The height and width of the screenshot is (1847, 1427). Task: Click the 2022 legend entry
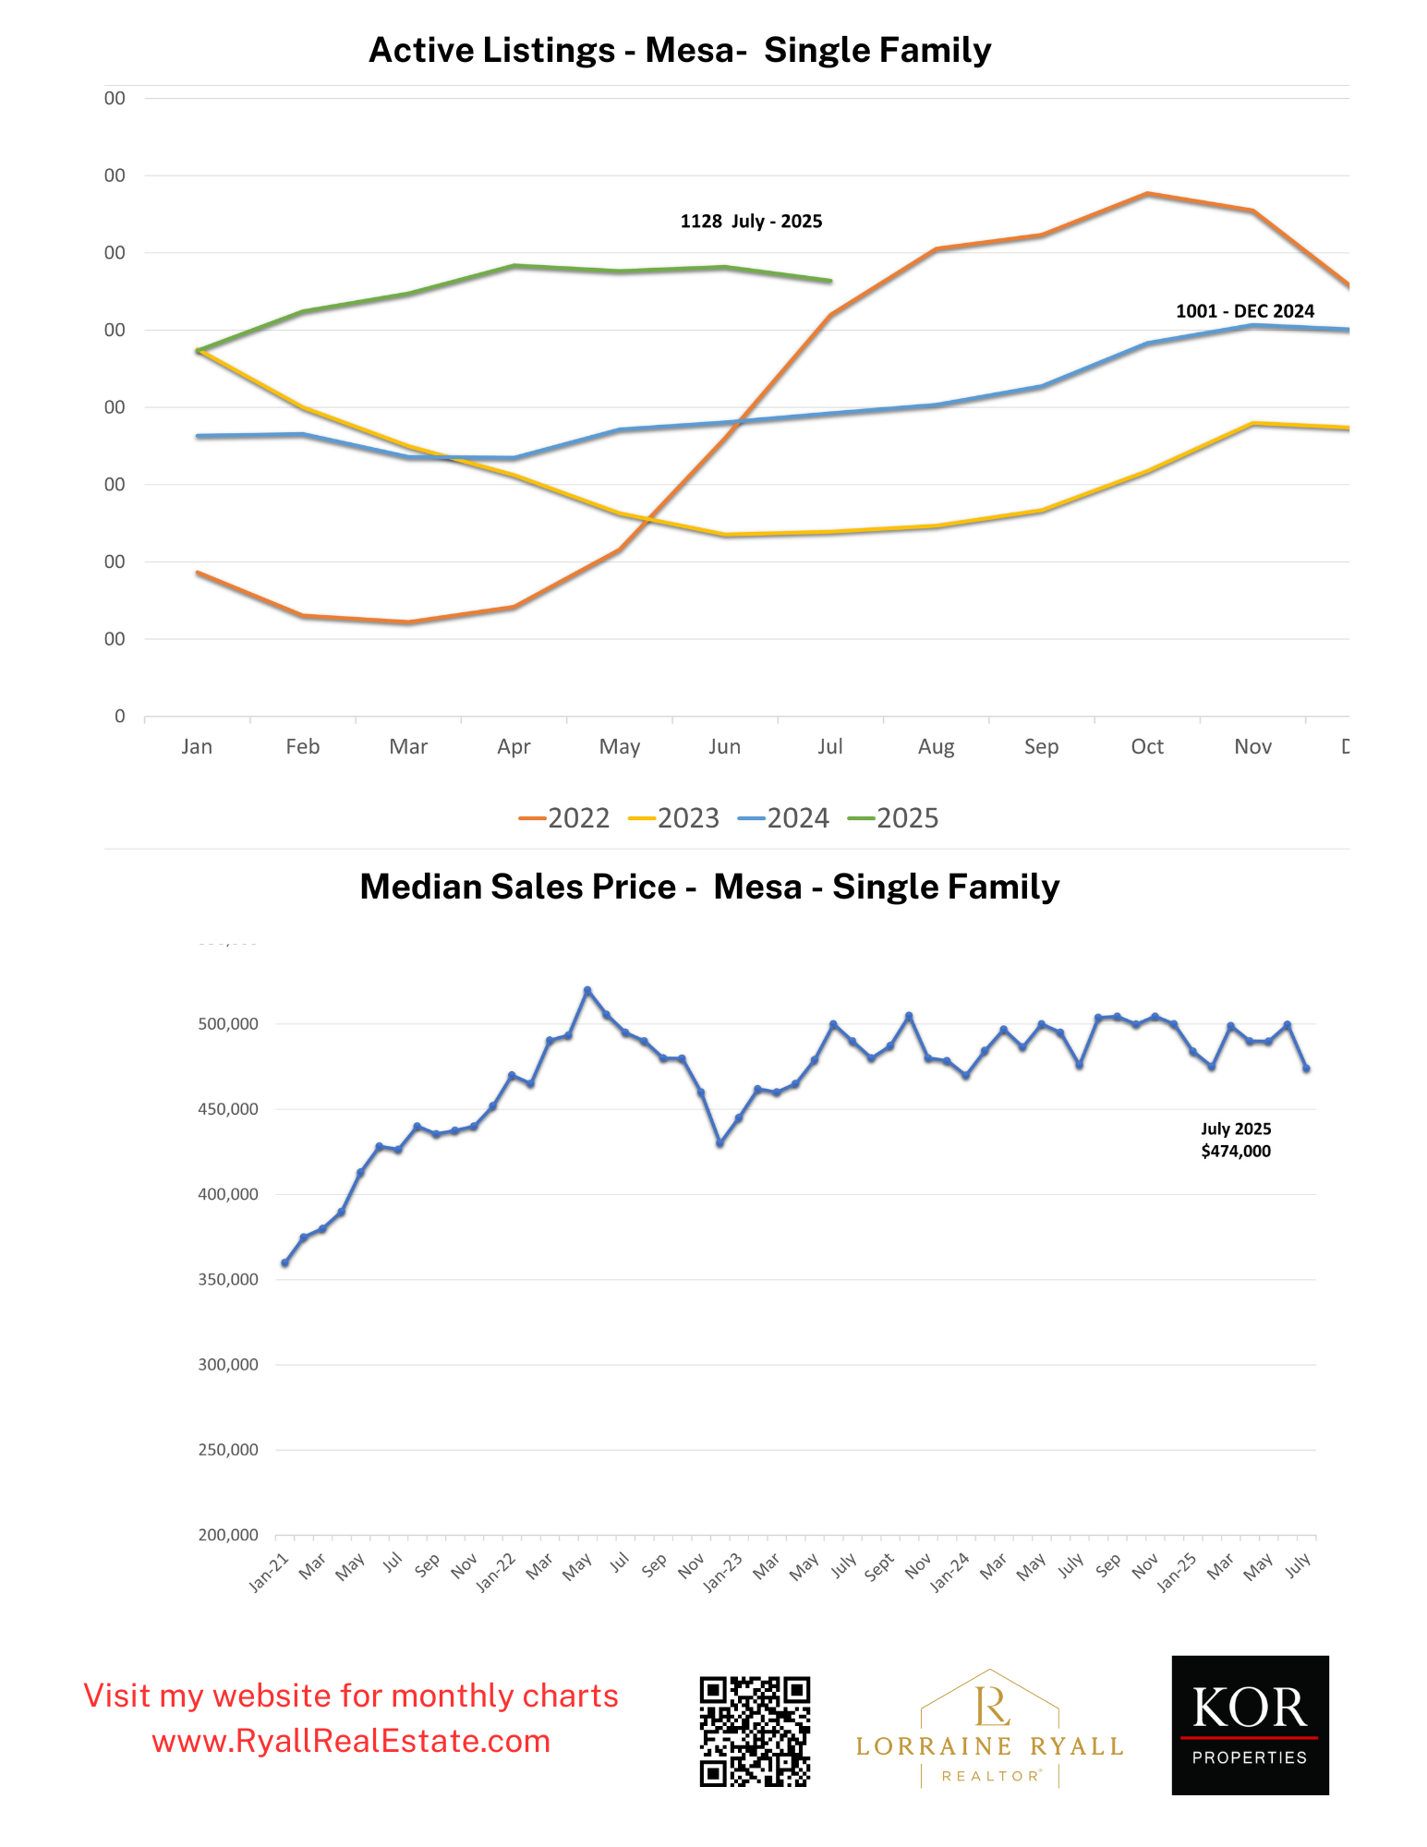click(564, 818)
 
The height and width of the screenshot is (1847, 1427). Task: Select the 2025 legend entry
click(893, 818)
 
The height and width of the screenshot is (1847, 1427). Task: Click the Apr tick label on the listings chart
click(514, 746)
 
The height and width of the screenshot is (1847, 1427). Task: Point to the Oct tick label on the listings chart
click(1147, 746)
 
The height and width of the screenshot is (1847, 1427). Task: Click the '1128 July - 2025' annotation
click(751, 222)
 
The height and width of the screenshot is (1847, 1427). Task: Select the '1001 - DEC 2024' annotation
click(1244, 311)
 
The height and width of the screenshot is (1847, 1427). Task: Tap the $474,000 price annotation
click(1236, 1152)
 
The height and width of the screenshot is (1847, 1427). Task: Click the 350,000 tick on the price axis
click(228, 1280)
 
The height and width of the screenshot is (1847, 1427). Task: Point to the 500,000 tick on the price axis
click(228, 1024)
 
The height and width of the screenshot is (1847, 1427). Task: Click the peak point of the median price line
click(587, 990)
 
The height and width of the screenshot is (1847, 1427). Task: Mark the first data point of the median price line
click(284, 1262)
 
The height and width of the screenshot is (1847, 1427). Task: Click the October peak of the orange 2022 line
click(1147, 194)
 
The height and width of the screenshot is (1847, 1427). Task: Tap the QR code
click(755, 1732)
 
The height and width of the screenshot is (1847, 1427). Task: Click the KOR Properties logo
click(1250, 1725)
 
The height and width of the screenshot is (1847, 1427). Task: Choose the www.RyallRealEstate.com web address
click(351, 1742)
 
